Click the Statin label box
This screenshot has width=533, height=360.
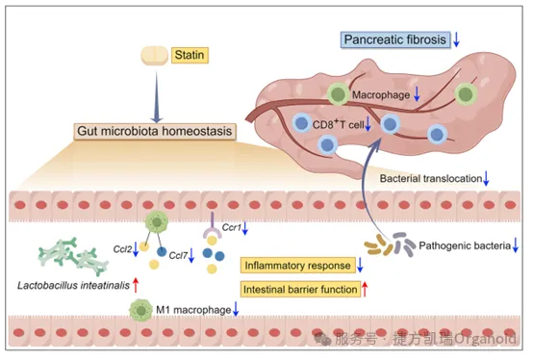pyautogui.click(x=190, y=55)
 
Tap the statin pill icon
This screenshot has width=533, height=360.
pyautogui.click(x=155, y=56)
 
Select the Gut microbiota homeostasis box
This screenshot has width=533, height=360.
pyautogui.click(x=155, y=131)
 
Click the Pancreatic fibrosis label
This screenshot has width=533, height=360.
pyautogui.click(x=395, y=39)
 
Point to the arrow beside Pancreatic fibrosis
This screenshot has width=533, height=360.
pyautogui.click(x=457, y=39)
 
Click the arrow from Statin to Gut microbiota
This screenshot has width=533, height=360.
pyautogui.click(x=157, y=97)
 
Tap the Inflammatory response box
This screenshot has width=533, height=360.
pyautogui.click(x=298, y=265)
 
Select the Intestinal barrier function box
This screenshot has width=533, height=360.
pyautogui.click(x=300, y=290)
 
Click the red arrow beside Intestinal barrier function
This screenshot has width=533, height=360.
pyautogui.click(x=365, y=289)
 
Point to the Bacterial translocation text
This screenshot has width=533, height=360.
pyautogui.click(x=431, y=178)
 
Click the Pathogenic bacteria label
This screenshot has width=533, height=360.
pyautogui.click(x=465, y=245)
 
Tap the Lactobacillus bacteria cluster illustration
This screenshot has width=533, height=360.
pyautogui.click(x=73, y=257)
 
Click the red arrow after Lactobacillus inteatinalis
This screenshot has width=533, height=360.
pyautogui.click(x=136, y=285)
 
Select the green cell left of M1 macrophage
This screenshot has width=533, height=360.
pyautogui.click(x=140, y=310)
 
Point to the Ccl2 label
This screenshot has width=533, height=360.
pyautogui.click(x=122, y=249)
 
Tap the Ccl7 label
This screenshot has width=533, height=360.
pyautogui.click(x=178, y=255)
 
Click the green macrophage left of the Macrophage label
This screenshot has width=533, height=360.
pyautogui.click(x=339, y=94)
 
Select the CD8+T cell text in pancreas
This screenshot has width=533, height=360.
pyautogui.click(x=339, y=124)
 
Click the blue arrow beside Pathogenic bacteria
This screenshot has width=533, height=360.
pyautogui.click(x=516, y=245)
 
